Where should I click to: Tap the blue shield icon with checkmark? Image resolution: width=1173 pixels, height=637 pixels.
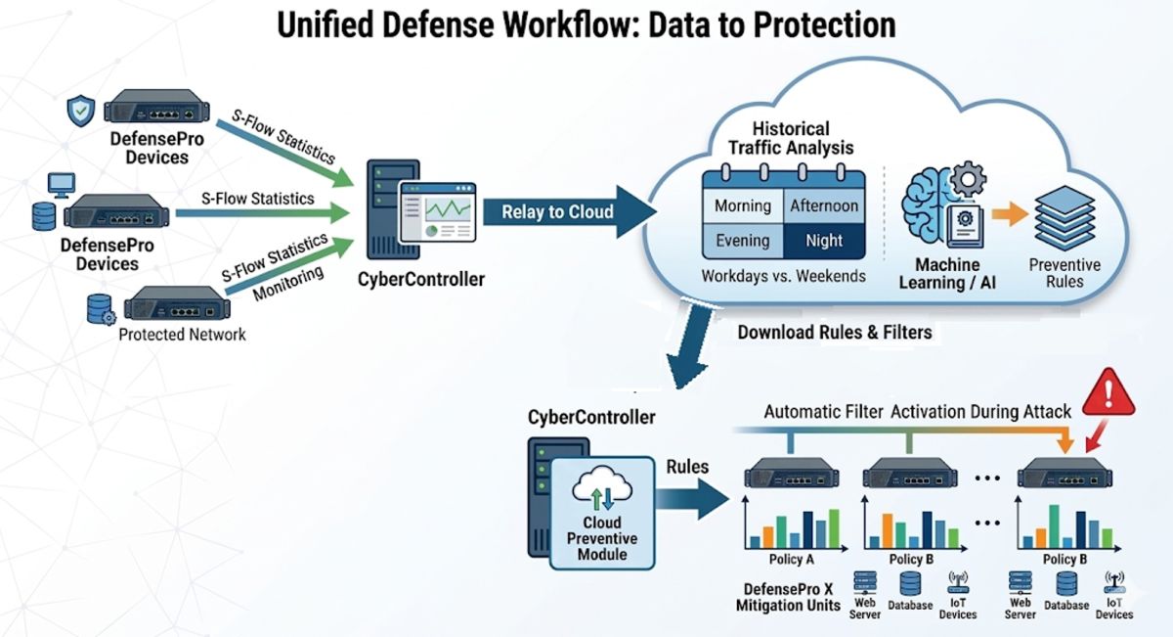79,111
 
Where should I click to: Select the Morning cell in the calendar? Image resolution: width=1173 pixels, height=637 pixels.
743,206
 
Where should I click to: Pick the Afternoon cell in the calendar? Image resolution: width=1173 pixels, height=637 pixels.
823,206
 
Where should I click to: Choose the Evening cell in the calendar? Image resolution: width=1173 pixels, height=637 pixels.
743,241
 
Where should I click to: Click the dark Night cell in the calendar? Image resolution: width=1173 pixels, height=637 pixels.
823,241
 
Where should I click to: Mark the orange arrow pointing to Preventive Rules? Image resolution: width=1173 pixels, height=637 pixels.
1007,213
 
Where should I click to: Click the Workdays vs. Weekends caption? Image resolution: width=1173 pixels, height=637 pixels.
783,277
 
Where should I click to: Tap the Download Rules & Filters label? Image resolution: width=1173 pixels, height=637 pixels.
834,333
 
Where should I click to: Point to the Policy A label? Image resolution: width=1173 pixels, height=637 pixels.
794,559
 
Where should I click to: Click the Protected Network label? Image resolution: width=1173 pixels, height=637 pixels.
182,334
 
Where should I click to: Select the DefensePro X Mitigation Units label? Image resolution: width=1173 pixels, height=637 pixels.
787,597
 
